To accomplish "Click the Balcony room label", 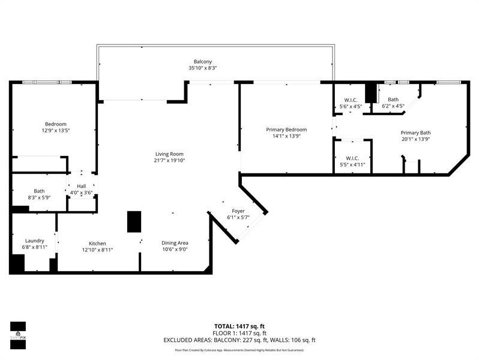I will click(202, 61).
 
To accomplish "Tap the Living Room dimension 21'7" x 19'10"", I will click(170, 160).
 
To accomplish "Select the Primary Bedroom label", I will click(286, 130).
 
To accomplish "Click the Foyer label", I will click(238, 211).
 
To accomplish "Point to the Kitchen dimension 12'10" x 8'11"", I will click(97, 250).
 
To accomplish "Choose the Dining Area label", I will click(175, 243).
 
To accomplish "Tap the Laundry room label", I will click(34, 241).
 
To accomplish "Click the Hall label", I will click(81, 186).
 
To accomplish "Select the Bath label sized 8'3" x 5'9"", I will click(39, 191).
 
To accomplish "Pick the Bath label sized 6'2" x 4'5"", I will click(393, 100).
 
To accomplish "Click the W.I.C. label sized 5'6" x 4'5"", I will click(351, 100).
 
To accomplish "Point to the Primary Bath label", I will click(415, 133).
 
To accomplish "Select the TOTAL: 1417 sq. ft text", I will click(239, 326).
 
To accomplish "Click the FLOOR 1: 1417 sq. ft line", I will click(239, 332).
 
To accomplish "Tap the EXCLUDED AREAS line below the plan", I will click(239, 340).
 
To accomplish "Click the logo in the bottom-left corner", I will click(18, 331).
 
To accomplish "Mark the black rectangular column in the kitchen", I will click(133, 221).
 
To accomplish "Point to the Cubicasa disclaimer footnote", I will click(239, 350).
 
